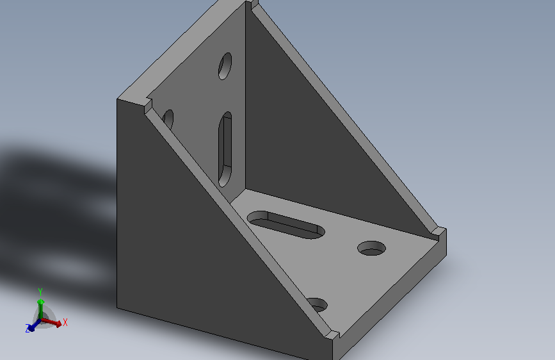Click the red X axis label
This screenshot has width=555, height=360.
coord(65,322)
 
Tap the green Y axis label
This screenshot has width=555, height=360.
coord(40,292)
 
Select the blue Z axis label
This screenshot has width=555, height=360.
coord(28,329)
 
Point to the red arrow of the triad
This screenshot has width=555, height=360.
coord(52,322)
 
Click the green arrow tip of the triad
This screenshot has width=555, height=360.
coord(41,302)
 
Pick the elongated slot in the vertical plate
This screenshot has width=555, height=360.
coord(225,149)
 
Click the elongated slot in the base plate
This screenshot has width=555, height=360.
coord(286,225)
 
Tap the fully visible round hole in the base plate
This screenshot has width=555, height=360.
coord(372,248)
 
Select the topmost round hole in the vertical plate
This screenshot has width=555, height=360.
coord(225,66)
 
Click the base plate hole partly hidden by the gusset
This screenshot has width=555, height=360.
coord(318,305)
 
